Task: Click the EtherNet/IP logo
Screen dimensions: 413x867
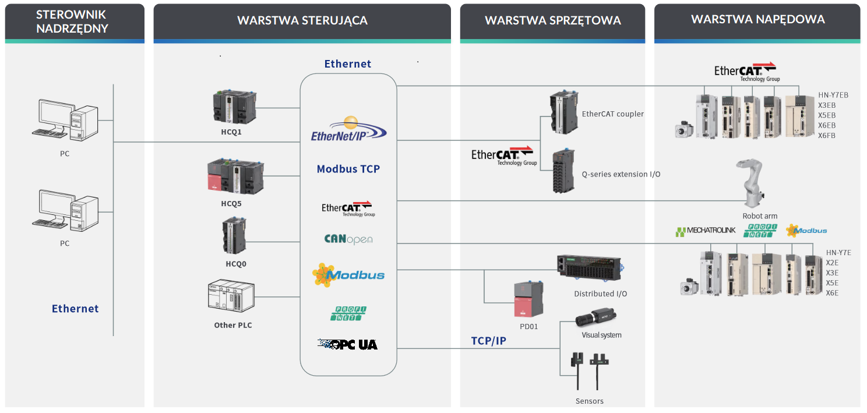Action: [x=348, y=130]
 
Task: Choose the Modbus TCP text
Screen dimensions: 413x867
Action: [x=348, y=169]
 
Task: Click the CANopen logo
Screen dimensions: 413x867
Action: [x=348, y=239]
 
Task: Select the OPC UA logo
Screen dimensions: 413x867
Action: [x=348, y=344]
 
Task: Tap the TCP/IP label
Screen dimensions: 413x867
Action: [x=488, y=341]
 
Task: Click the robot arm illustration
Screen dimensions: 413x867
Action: [x=755, y=183]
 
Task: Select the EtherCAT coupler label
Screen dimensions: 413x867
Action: [x=613, y=114]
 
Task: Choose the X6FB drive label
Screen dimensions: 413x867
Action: [x=827, y=136]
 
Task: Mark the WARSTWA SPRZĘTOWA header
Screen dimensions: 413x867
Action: [x=552, y=21]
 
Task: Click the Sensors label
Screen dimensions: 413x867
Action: [x=589, y=401]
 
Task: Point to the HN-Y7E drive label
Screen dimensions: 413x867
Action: [x=838, y=253]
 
